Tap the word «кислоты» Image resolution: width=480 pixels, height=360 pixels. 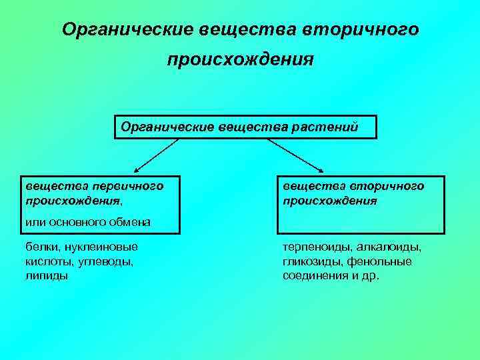click(x=49, y=261)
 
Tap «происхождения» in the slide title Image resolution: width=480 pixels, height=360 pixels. click(x=240, y=61)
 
